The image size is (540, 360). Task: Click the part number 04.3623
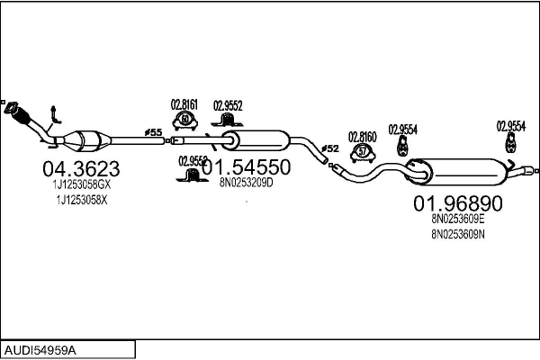[x=81, y=168]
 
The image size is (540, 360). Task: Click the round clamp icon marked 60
[x=185, y=120]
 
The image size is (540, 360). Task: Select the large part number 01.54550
[x=245, y=167]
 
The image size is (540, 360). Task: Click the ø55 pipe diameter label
[x=154, y=132]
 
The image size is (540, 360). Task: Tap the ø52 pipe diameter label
[x=330, y=148]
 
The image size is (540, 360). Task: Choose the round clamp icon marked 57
[x=363, y=151]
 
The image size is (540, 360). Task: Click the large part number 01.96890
[x=458, y=202]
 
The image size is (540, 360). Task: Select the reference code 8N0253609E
[x=458, y=218]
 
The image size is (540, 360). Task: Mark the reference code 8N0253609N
[x=458, y=234]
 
